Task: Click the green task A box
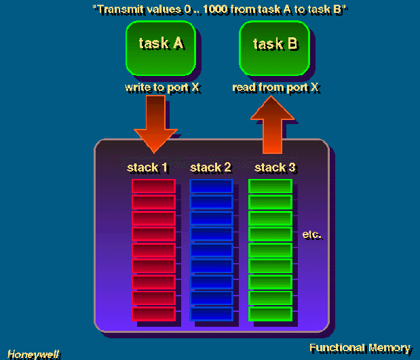click(161, 45)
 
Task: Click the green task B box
click(275, 45)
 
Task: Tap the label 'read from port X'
click(275, 87)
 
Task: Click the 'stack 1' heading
click(147, 167)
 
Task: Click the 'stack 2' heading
click(210, 167)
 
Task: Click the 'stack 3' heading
click(275, 167)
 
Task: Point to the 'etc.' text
click(312, 235)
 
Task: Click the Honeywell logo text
click(34, 353)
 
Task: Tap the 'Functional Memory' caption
click(360, 348)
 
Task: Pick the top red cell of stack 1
click(153, 186)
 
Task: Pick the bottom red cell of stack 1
click(153, 314)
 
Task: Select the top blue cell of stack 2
click(212, 186)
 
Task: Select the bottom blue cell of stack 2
click(212, 314)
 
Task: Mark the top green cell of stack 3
click(270, 186)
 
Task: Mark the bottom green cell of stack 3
click(270, 314)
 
